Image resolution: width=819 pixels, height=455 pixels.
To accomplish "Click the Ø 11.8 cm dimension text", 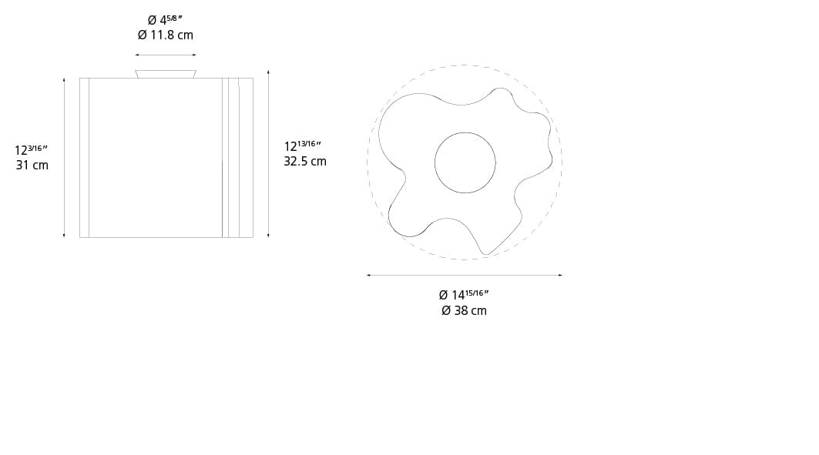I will tap(165, 35).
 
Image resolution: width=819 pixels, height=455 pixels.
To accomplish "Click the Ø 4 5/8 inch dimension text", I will tap(165, 20).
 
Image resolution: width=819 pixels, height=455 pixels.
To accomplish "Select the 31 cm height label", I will tap(32, 165).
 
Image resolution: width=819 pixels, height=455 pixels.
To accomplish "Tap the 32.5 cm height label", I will tap(305, 161).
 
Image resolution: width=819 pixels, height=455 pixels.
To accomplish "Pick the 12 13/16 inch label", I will tap(303, 146).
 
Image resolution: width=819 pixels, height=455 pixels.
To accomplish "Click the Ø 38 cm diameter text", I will tap(464, 310).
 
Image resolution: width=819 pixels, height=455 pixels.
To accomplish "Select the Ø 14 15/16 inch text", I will tap(464, 294).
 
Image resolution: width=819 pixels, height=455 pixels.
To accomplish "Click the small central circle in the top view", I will tap(465, 162).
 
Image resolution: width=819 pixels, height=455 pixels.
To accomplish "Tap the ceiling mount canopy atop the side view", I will tap(166, 74).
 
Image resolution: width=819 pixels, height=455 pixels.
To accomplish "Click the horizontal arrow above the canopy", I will tap(166, 55).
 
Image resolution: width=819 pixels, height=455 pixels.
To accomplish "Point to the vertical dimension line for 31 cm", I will tap(64, 158).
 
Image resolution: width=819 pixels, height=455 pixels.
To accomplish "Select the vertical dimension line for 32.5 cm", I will tap(268, 154).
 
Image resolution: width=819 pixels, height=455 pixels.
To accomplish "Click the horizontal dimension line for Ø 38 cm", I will tap(464, 275).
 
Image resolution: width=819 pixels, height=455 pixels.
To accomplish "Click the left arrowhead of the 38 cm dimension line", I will tap(368, 275).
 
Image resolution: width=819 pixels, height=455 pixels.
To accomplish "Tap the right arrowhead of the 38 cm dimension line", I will tap(560, 275).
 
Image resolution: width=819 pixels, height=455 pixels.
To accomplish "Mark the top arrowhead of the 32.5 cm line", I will tap(268, 72).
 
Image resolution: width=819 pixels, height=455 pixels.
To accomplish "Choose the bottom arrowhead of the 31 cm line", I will tap(64, 236).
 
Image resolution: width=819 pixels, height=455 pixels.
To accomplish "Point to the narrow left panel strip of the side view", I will tap(84, 158).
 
